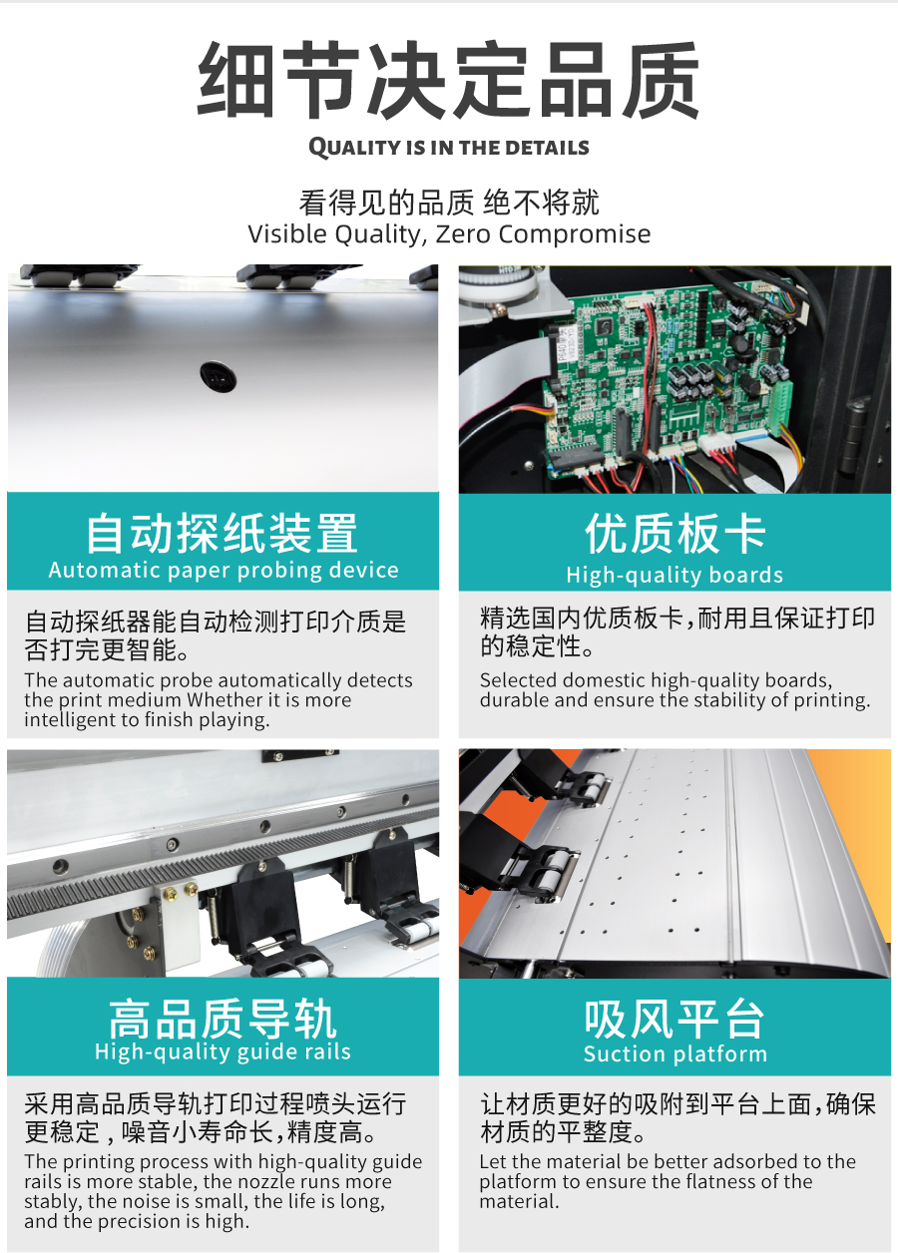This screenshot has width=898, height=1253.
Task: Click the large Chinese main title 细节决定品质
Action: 448,80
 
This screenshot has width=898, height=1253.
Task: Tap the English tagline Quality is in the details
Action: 449,147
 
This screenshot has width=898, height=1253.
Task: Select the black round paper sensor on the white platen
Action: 219,376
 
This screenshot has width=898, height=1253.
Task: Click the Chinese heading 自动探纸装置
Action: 223,534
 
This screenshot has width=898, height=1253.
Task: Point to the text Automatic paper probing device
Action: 224,571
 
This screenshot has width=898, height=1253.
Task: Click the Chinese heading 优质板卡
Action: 674,534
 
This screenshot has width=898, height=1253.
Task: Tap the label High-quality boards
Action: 674,575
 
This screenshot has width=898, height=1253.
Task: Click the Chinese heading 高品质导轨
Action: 223,1020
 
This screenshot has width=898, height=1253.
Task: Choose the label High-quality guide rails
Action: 223,1052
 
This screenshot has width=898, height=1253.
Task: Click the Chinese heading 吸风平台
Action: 674,1020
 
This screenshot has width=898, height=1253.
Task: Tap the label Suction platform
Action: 674,1054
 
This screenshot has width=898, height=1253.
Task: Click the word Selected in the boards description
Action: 519,680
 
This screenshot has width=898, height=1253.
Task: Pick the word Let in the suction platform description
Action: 492,1162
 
